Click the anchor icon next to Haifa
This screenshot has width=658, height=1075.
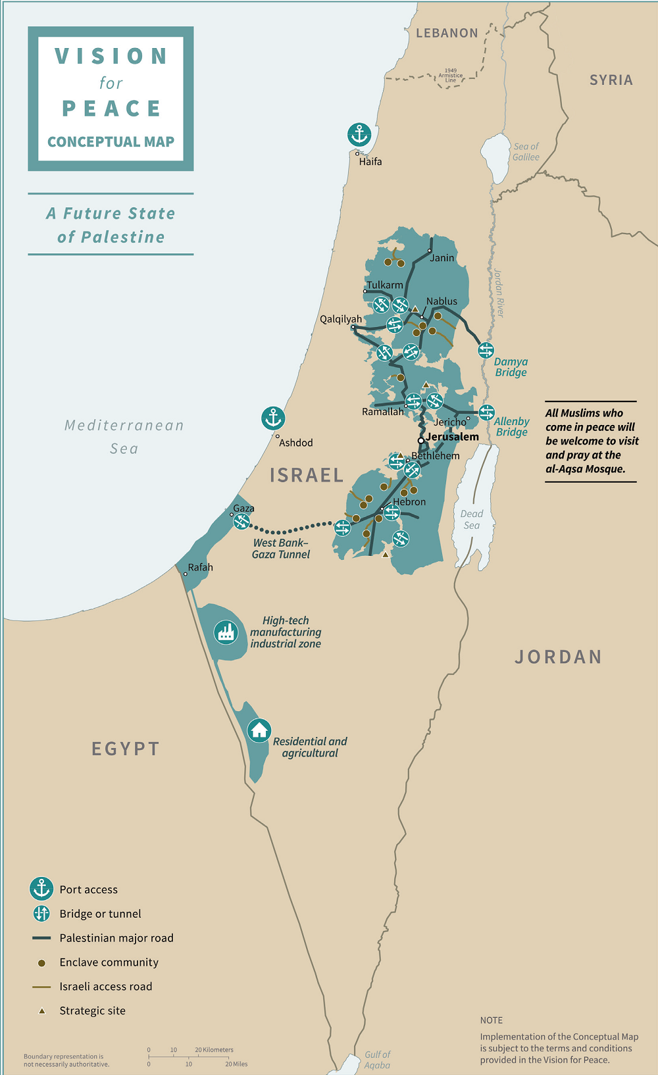point(359,135)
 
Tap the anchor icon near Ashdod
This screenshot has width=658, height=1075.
point(273,418)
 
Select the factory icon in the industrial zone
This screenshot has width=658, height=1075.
point(226,632)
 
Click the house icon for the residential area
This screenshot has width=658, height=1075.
point(259,730)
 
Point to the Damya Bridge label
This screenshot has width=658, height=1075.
point(511,367)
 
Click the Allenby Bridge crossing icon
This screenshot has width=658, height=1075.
point(486,413)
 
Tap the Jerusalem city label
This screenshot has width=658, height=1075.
point(452,437)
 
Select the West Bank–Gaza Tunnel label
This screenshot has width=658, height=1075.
point(281,549)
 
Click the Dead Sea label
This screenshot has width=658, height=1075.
point(471,519)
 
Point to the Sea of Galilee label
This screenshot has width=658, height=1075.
point(526,152)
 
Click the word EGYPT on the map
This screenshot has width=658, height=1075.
point(126,749)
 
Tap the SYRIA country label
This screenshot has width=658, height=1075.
point(611,80)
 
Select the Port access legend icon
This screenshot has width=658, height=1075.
point(41,889)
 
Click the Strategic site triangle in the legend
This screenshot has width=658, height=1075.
point(42,1011)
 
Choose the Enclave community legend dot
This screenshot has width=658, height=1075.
point(41,963)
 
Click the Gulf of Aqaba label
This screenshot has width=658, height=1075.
point(377,1059)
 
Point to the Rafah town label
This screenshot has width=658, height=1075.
point(200,567)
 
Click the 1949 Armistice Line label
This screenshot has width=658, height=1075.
point(451,76)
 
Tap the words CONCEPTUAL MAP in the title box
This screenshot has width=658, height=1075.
point(111,141)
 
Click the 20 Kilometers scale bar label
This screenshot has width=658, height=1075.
point(214,1050)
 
